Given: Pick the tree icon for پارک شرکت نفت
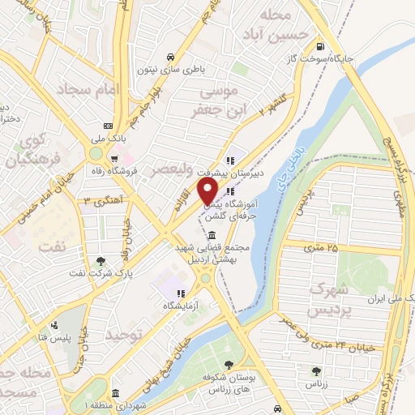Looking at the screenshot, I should click(x=100, y=261).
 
